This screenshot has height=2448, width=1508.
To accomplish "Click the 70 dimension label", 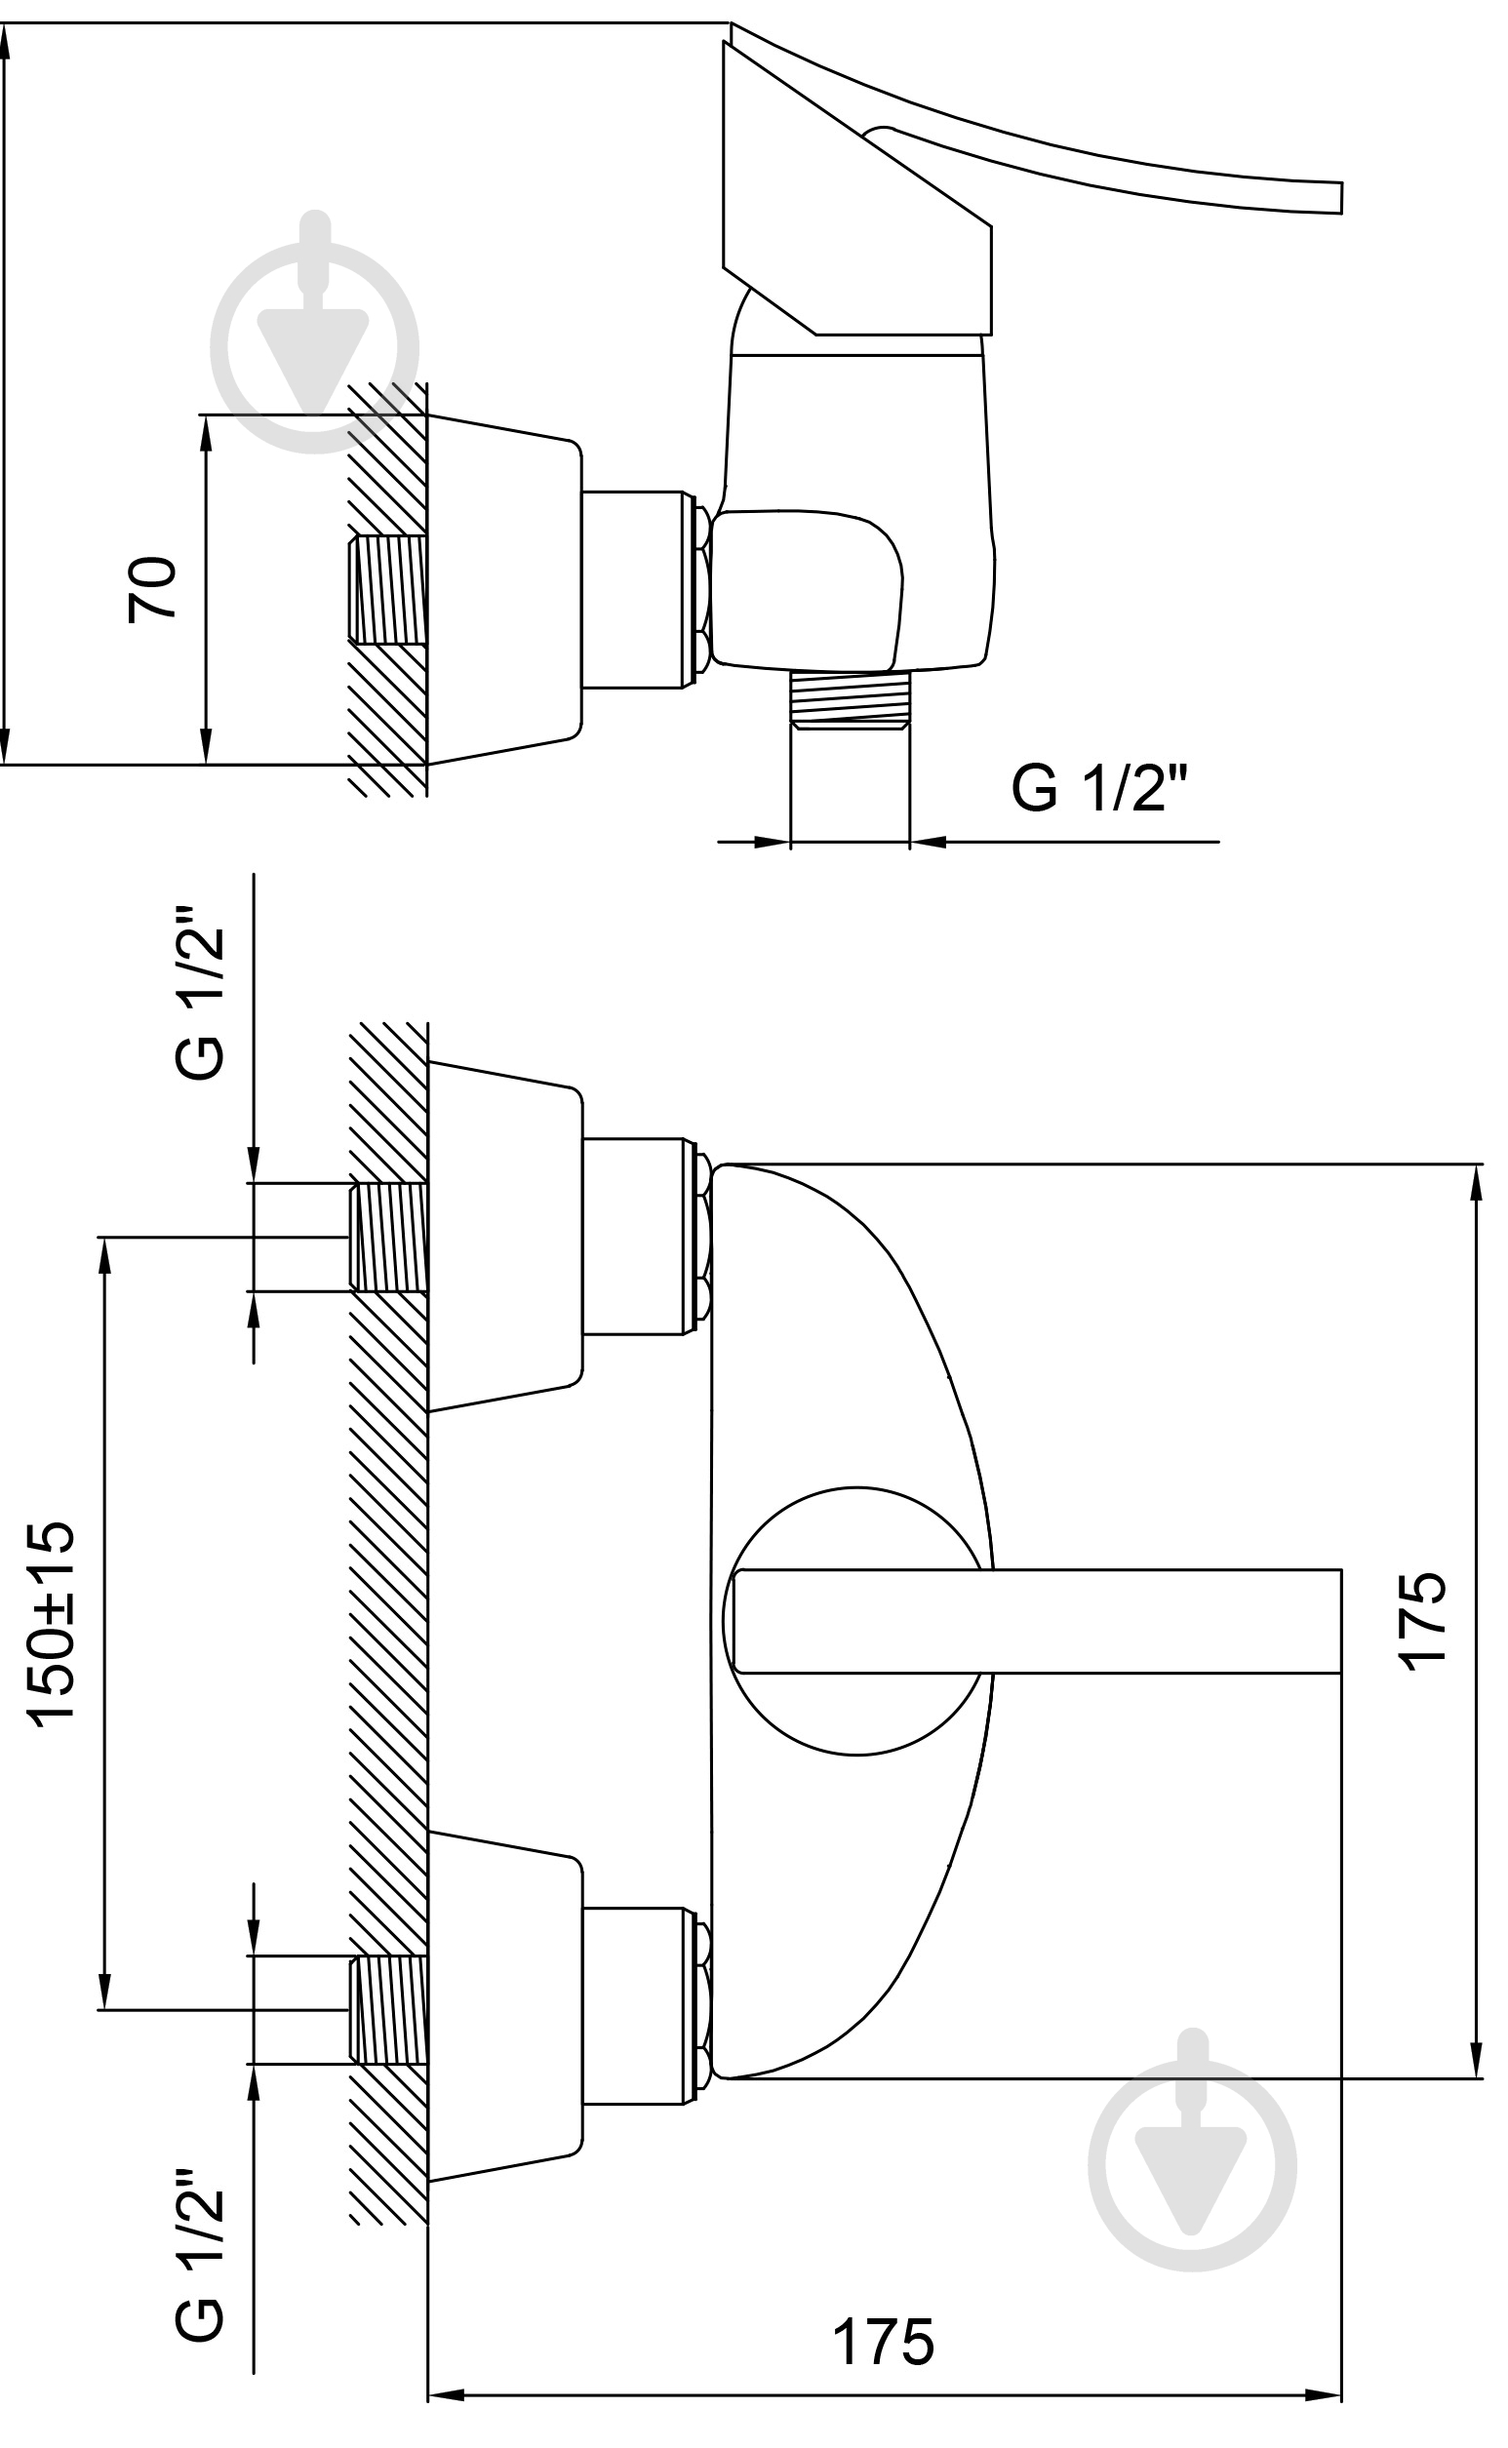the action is click(152, 589).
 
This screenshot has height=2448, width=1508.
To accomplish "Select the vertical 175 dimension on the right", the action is click(1420, 1621).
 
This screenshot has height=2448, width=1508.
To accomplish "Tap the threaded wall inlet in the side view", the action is click(388, 589).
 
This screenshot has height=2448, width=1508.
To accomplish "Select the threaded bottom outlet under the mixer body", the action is click(850, 701).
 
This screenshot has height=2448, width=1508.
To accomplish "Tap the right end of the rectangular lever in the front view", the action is click(1340, 1621).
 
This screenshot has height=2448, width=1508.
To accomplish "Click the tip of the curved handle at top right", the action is click(1341, 197).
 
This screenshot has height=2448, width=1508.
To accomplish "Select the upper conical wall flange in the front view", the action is click(504, 1237).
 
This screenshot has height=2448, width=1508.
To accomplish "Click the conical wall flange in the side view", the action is click(504, 589).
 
